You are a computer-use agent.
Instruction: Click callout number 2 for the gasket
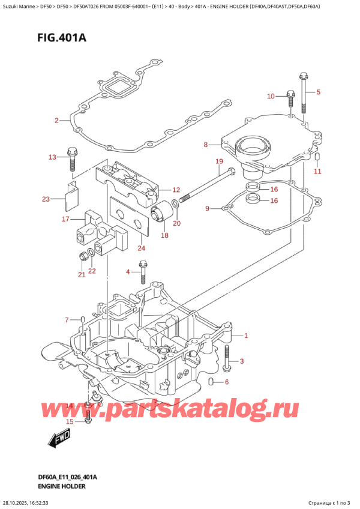56,121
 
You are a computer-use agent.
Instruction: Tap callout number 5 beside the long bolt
319,92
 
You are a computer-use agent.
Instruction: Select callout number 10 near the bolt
270,96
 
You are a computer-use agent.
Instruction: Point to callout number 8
205,145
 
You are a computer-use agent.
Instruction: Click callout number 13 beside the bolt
52,157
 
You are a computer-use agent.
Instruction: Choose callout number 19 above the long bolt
219,161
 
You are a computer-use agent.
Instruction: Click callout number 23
46,199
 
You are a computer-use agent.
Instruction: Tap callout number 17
65,218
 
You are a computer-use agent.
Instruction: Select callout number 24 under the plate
142,248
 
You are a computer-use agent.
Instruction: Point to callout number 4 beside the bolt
127,273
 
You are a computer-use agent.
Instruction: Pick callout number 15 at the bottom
70,421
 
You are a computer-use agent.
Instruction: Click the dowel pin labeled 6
212,382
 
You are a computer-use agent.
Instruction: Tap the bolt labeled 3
226,358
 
